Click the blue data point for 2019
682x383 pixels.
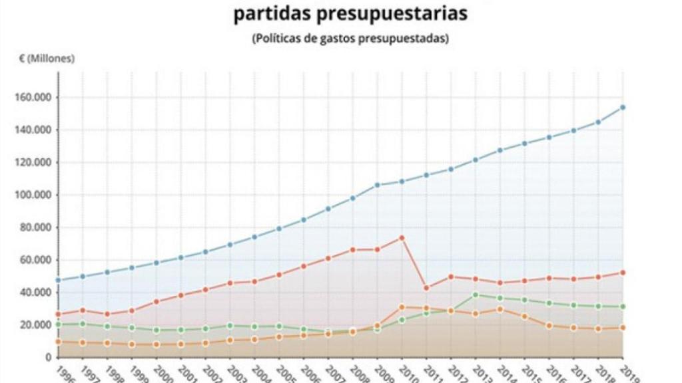pyautogui.click(x=622, y=107)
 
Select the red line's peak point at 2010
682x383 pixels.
pyautogui.click(x=402, y=237)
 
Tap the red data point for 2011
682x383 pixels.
pyautogui.click(x=426, y=288)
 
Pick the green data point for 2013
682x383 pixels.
pyautogui.click(x=476, y=295)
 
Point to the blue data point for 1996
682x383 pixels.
pyautogui.click(x=59, y=280)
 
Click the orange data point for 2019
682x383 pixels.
pyautogui.click(x=622, y=327)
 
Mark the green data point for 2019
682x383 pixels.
pyautogui.click(x=622, y=307)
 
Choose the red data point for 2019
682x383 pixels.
pyautogui.click(x=622, y=273)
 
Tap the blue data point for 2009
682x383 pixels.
pyautogui.click(x=378, y=184)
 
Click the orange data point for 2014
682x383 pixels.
pyautogui.click(x=500, y=309)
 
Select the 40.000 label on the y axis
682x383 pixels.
pyautogui.click(x=35, y=293)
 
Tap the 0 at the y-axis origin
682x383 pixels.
pyautogui.click(x=49, y=358)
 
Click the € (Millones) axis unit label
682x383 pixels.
pyautogui.click(x=47, y=59)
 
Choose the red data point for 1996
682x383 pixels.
pyautogui.click(x=59, y=314)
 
